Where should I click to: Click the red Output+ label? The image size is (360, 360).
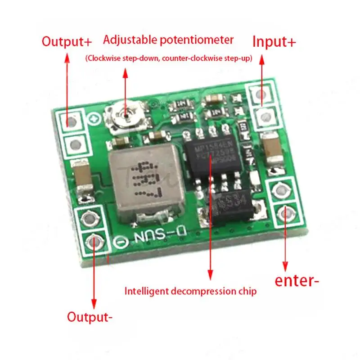(67, 42)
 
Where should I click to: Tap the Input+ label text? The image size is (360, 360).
(274, 42)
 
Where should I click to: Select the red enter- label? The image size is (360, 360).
(297, 281)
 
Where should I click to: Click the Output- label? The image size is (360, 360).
(90, 316)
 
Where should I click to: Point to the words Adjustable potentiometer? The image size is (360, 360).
(168, 40)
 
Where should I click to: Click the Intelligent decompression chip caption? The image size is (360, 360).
(190, 291)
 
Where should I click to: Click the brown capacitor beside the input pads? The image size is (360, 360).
(271, 151)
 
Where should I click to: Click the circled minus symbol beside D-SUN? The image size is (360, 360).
(120, 241)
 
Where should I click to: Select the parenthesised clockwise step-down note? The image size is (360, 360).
(168, 58)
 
